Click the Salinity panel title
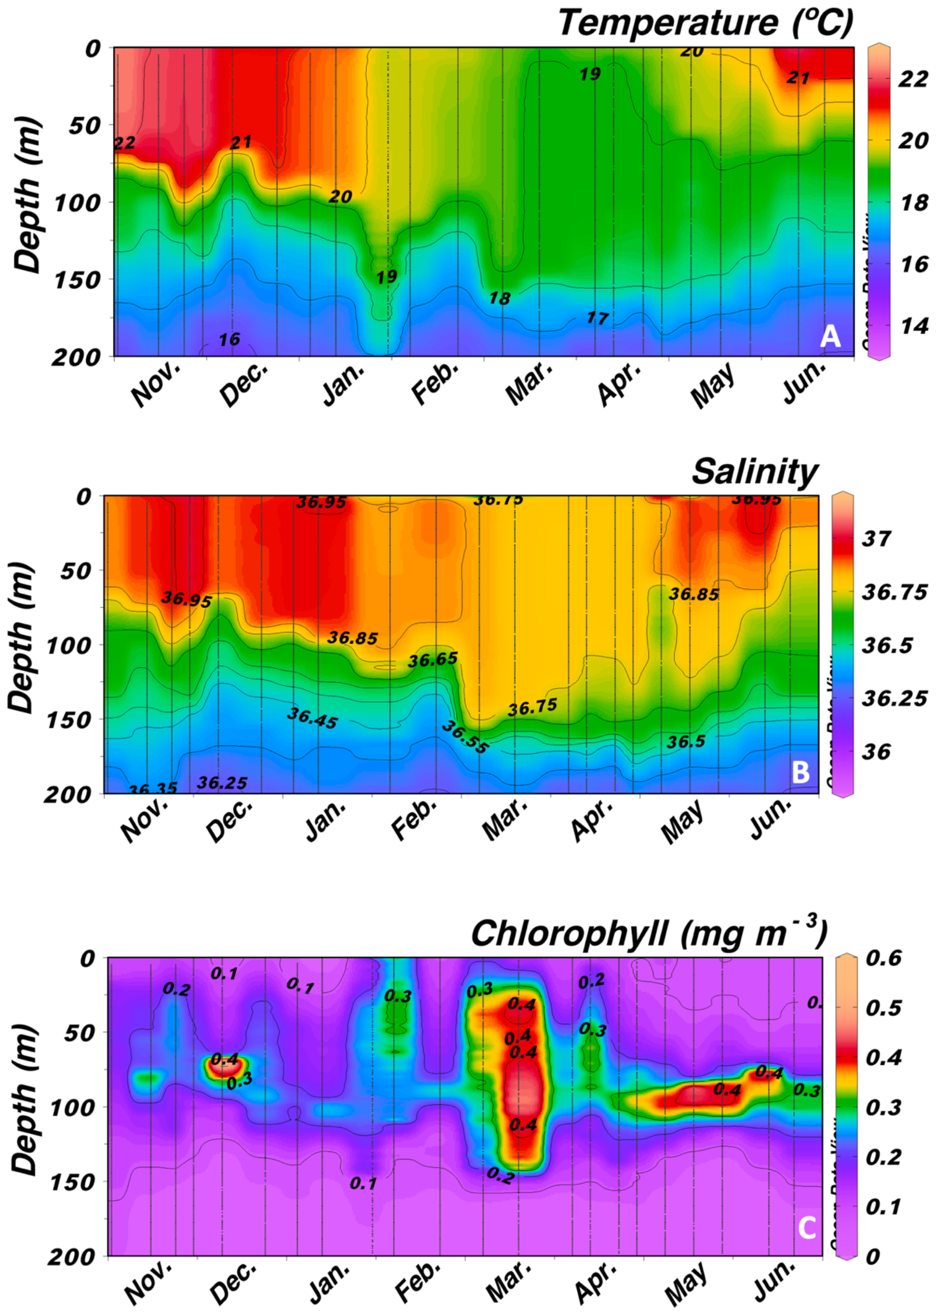755,472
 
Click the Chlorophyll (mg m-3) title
649,933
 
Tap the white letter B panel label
801,772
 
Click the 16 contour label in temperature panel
229,339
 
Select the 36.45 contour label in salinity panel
312,718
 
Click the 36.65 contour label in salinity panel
433,659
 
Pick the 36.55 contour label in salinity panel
465,737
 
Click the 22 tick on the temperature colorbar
913,79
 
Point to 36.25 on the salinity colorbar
894,698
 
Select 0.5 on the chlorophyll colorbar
883,1007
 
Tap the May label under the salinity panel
683,821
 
